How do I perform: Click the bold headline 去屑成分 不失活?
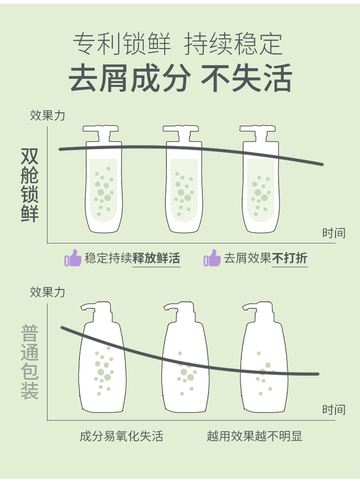pos(180,78)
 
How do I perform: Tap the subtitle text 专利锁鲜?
pos(122,45)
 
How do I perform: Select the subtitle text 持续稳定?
pos(234,45)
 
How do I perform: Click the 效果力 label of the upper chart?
pos(47,115)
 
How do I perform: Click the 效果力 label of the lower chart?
pos(47,292)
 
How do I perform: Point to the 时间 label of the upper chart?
pos(334,233)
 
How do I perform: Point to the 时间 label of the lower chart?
pos(334,409)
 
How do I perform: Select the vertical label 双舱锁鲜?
pos(30,185)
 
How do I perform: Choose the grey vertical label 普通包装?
pos(30,362)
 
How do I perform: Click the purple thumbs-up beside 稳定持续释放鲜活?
pos(73,258)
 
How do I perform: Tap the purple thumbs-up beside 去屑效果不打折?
pos(212,258)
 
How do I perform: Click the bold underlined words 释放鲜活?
pos(156,259)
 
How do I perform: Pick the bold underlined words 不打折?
pos(290,259)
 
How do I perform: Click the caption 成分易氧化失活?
pos(121,436)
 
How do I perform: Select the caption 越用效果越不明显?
pos(254,436)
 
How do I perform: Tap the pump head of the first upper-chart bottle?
pos(101,132)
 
